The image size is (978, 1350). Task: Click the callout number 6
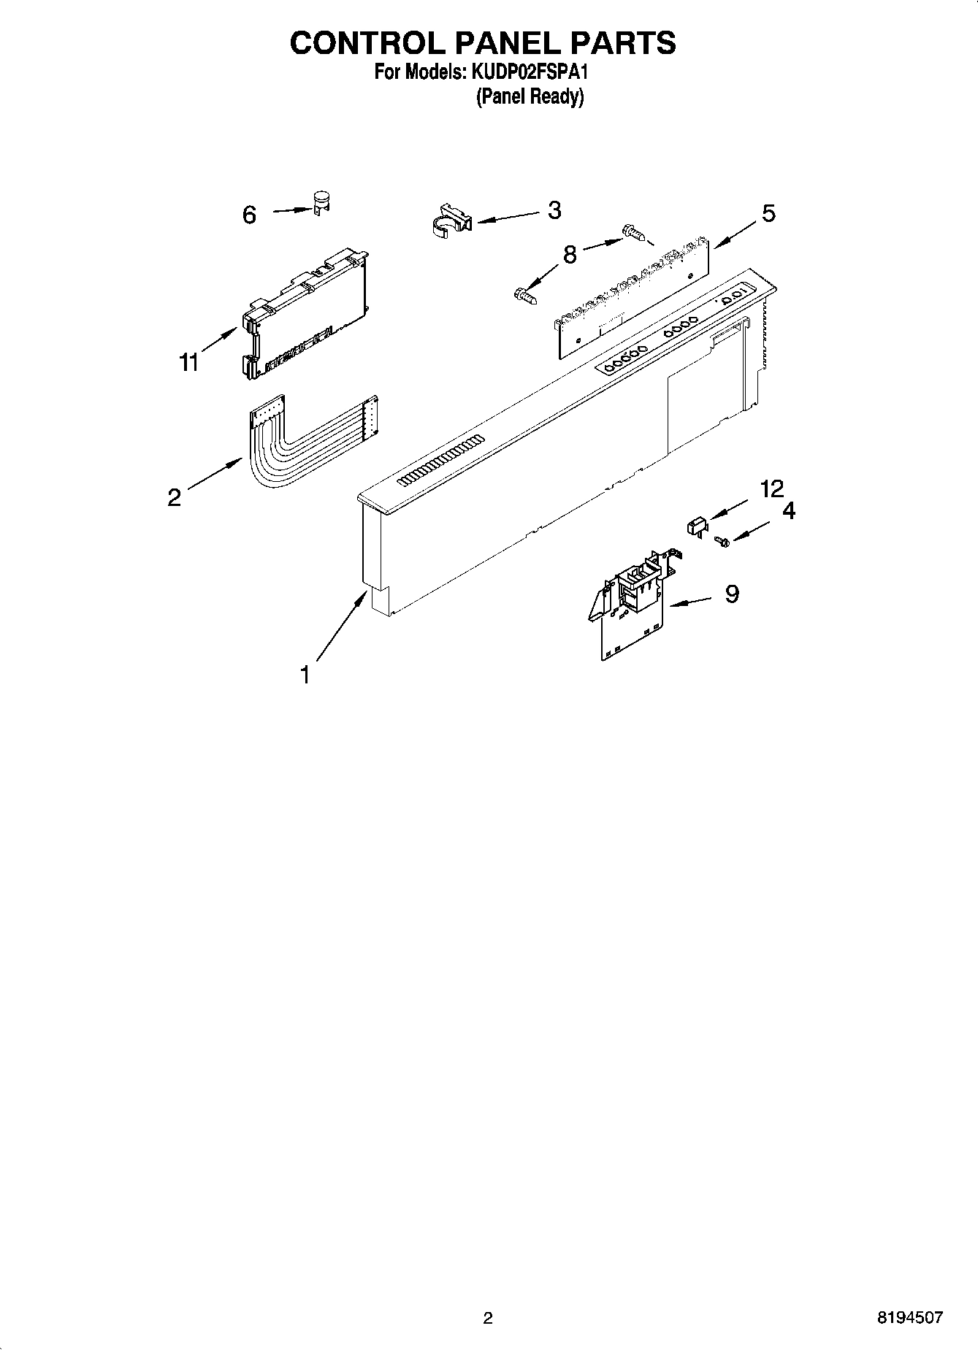tap(249, 215)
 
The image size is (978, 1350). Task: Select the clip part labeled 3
tap(448, 220)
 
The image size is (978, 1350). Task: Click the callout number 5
tap(768, 213)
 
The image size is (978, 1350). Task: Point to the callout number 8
tap(570, 254)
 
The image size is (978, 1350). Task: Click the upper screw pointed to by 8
tap(633, 233)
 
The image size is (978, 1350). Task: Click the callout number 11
tap(189, 361)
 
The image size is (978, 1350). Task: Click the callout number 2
tap(174, 497)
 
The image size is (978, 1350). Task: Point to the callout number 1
tap(305, 675)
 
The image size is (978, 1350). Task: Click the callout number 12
tap(771, 489)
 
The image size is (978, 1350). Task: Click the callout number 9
tap(732, 594)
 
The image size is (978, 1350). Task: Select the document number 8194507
tap(910, 1317)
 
